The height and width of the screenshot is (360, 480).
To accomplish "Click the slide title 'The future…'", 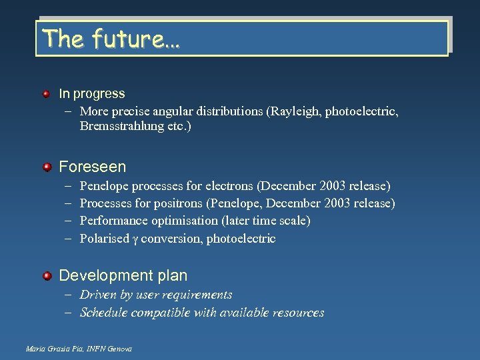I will (110, 39).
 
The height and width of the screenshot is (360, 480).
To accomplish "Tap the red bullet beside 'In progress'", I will (46, 94).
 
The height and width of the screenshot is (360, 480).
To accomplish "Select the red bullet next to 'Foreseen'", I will (46, 166).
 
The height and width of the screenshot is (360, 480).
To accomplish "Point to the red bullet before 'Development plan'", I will (46, 275).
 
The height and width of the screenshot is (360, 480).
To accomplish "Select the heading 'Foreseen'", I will (92, 166).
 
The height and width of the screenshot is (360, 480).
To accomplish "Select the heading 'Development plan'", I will (123, 275).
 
